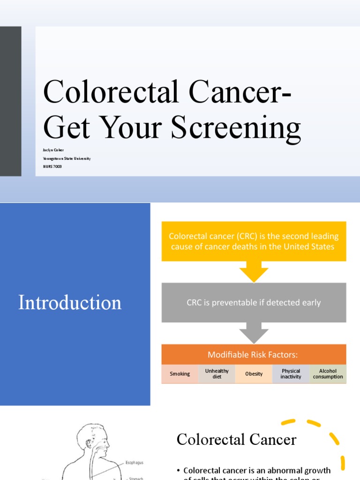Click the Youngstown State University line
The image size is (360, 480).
tap(67, 158)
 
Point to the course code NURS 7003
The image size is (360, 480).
tap(52, 166)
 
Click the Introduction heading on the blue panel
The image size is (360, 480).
tap(70, 302)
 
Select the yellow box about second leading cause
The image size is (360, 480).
tap(254, 241)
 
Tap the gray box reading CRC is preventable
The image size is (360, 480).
tap(254, 302)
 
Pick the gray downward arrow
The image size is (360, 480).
tap(254, 334)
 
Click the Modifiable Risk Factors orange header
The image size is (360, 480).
tap(254, 355)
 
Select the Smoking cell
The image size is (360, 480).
tap(180, 374)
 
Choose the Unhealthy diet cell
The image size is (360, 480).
tap(217, 374)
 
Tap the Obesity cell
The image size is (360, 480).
tap(254, 374)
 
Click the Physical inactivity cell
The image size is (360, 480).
tap(291, 374)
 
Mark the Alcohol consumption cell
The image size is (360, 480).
tap(328, 374)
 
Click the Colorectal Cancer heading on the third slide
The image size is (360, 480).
tap(236, 440)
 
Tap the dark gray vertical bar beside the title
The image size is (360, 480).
tap(10, 101)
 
